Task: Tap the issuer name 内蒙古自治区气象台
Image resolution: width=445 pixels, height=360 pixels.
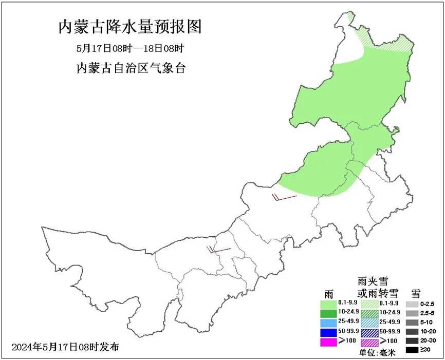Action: [130, 68]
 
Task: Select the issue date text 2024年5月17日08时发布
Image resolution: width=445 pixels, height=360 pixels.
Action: [65, 347]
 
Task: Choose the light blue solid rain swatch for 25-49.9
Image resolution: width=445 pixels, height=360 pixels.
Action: [332, 322]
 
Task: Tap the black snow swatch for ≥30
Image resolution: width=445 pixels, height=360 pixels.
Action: [412, 350]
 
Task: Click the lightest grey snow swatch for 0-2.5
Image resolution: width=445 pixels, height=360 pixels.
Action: [412, 304]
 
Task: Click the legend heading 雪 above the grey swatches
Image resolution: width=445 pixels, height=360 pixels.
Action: [416, 293]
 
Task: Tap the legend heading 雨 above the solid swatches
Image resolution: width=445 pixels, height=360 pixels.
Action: [328, 293]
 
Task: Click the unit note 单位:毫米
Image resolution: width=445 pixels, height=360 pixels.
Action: [376, 353]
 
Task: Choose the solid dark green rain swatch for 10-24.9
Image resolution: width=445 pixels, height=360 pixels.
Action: [332, 312]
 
